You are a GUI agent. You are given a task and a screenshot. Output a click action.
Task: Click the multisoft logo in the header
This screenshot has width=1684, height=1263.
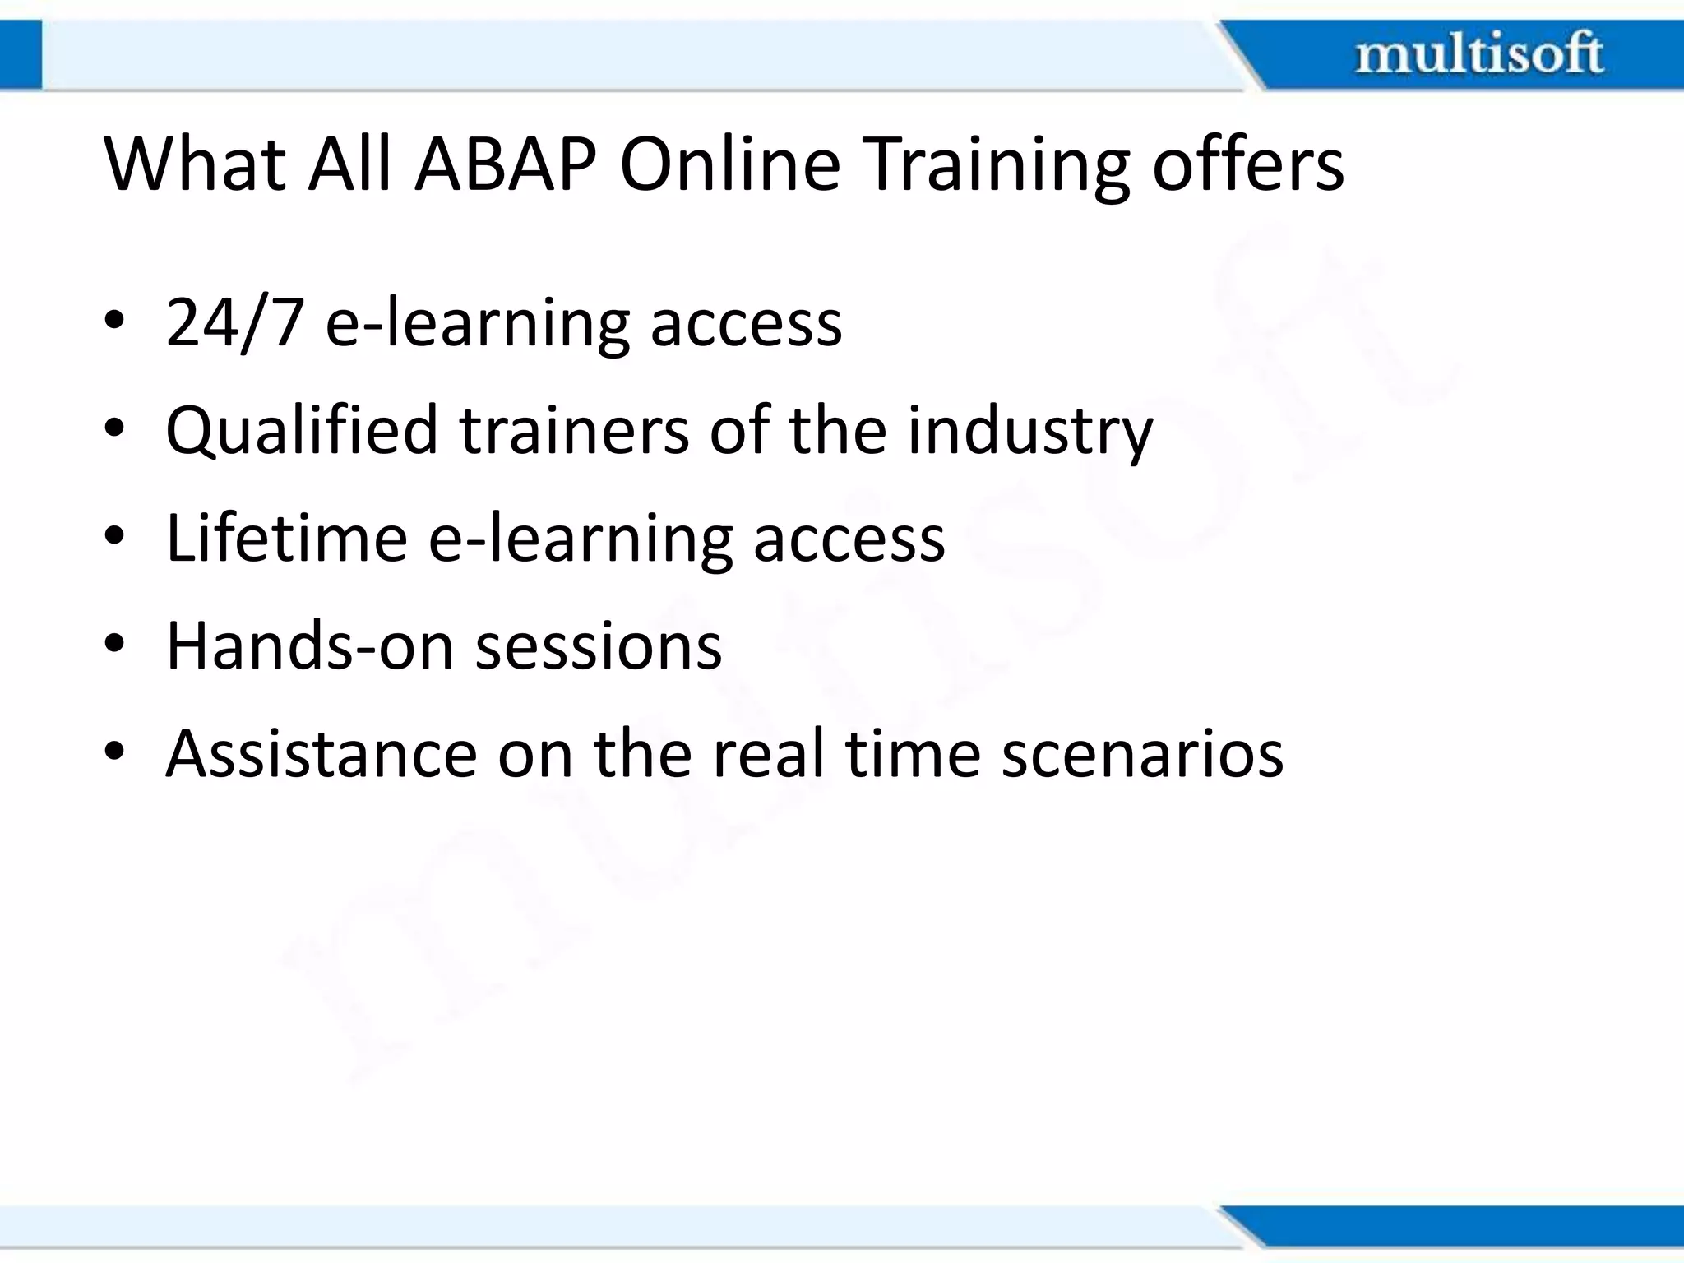click(1478, 54)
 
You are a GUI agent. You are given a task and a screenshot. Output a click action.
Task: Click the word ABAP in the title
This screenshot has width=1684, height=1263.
click(506, 164)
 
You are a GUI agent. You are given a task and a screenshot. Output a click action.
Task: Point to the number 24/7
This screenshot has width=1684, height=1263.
click(235, 323)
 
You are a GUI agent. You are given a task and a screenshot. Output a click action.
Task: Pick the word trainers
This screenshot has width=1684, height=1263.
click(574, 431)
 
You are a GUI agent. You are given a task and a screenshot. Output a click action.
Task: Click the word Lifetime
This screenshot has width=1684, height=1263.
click(287, 539)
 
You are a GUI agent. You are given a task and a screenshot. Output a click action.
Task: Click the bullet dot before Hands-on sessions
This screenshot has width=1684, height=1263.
click(114, 643)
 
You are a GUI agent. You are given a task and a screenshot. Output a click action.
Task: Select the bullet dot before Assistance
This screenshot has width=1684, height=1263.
click(114, 751)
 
